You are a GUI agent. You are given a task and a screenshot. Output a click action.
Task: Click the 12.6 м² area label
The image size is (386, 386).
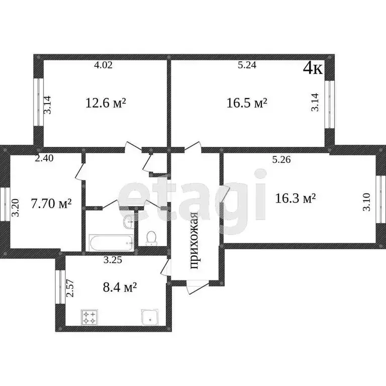tap(105, 104)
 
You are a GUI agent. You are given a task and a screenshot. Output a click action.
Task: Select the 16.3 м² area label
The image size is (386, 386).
tap(295, 198)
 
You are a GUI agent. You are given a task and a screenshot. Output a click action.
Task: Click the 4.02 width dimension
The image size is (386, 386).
tap(104, 64)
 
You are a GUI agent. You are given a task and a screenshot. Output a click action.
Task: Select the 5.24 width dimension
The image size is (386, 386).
tap(246, 64)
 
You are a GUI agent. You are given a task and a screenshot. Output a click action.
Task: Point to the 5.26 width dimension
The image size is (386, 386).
tap(281, 160)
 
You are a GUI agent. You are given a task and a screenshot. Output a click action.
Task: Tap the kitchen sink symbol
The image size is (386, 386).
tap(150, 317)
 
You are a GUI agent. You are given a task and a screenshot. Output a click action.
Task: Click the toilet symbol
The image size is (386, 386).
tap(151, 238)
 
